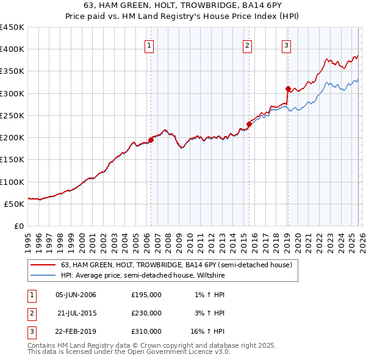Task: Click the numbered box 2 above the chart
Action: coord(248,45)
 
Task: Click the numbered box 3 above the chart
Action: coord(286,45)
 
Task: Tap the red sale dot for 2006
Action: coord(151,140)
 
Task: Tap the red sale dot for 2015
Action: coord(249,124)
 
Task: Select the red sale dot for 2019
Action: coord(287,89)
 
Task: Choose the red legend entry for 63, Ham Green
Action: coord(176,265)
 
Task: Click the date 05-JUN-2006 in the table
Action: coord(76,295)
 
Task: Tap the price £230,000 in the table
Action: coord(146,313)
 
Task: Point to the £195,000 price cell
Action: coord(146,295)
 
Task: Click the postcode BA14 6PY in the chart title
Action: coord(238,6)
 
